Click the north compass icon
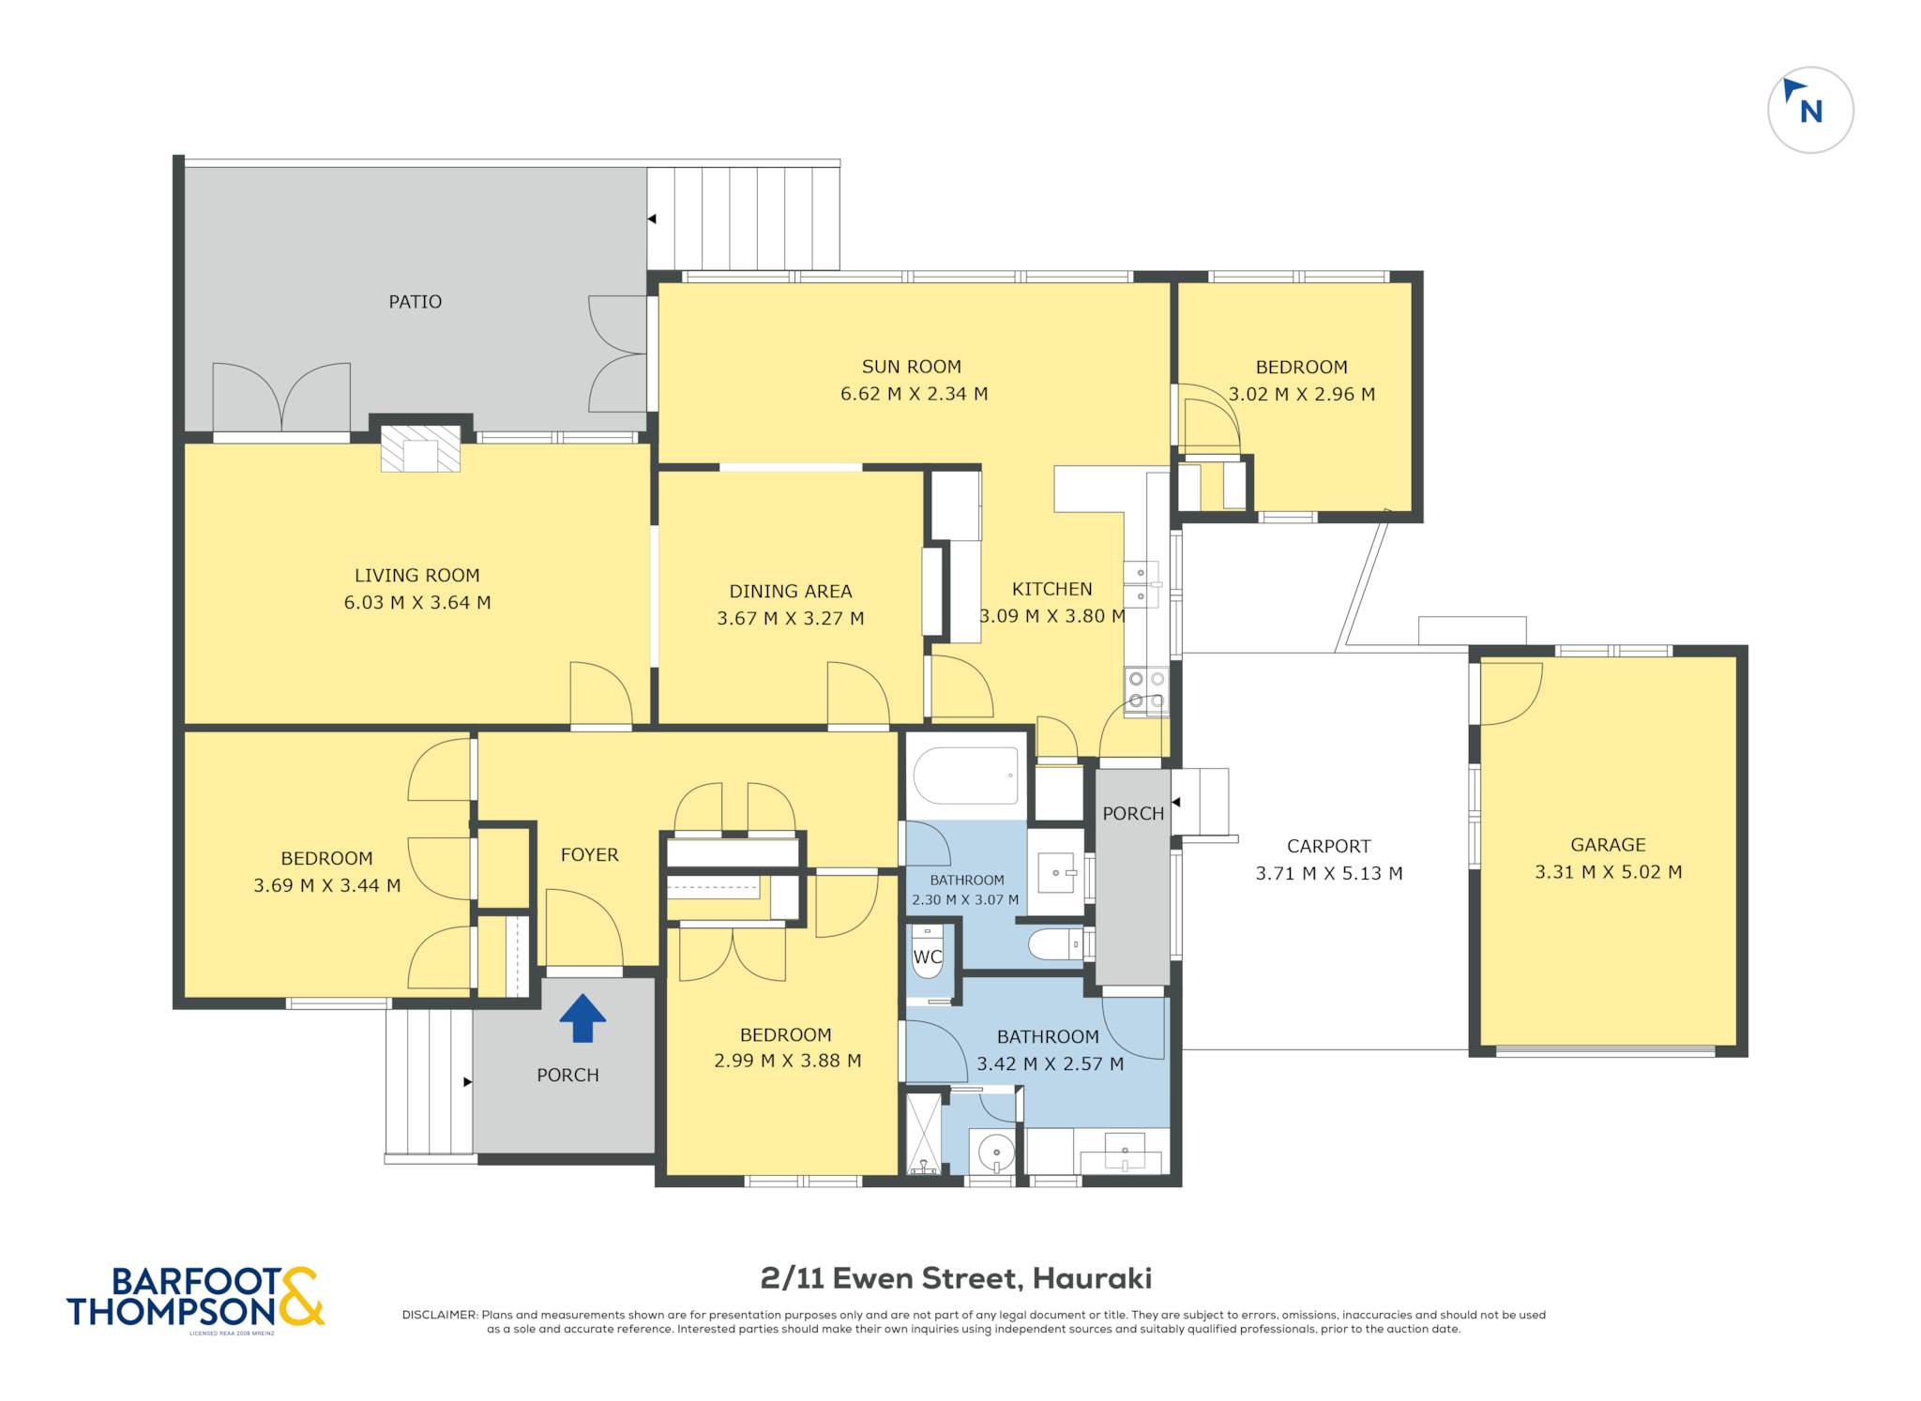click(1809, 110)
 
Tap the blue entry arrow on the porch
click(582, 1018)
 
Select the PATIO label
click(415, 302)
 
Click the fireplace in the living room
click(420, 448)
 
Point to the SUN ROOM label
click(912, 367)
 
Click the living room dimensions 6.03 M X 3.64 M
click(417, 603)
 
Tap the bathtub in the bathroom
click(965, 776)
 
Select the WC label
click(928, 957)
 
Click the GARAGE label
click(1608, 845)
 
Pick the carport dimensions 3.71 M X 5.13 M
click(1329, 874)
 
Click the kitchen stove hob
click(1146, 690)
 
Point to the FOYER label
click(589, 855)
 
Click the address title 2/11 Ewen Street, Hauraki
click(956, 1278)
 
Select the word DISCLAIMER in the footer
click(440, 1315)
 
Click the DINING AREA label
click(791, 592)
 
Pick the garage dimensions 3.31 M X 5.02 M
click(1608, 872)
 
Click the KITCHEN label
click(1051, 590)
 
